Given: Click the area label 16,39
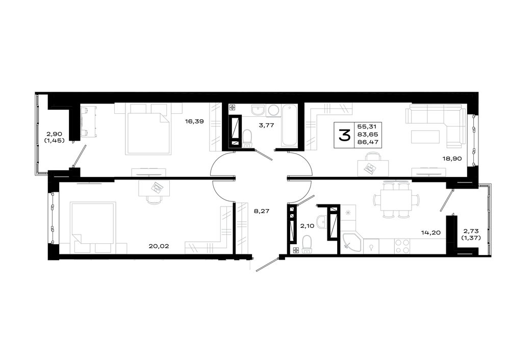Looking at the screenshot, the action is point(194,122).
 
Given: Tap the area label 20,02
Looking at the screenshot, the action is point(159,246).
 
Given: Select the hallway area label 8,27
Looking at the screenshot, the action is point(262,211).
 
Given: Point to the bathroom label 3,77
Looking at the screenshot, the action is point(266,125).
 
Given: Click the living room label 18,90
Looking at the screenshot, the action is point(452,159).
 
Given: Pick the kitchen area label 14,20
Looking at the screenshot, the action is point(431,233).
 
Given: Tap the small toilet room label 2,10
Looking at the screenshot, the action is point(308,226).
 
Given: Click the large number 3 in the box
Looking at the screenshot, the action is point(344,135).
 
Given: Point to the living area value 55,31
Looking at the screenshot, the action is point(367,126).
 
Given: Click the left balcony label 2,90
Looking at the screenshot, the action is point(55,134).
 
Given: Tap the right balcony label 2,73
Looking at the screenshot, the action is point(471,231).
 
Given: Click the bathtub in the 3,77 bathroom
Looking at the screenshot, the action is point(290,125).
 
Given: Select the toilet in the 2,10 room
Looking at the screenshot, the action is point(307,244).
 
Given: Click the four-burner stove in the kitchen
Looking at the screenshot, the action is point(402,246).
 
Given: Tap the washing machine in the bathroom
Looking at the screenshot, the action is point(273,110).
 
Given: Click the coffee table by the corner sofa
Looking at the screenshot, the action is point(425,137).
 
